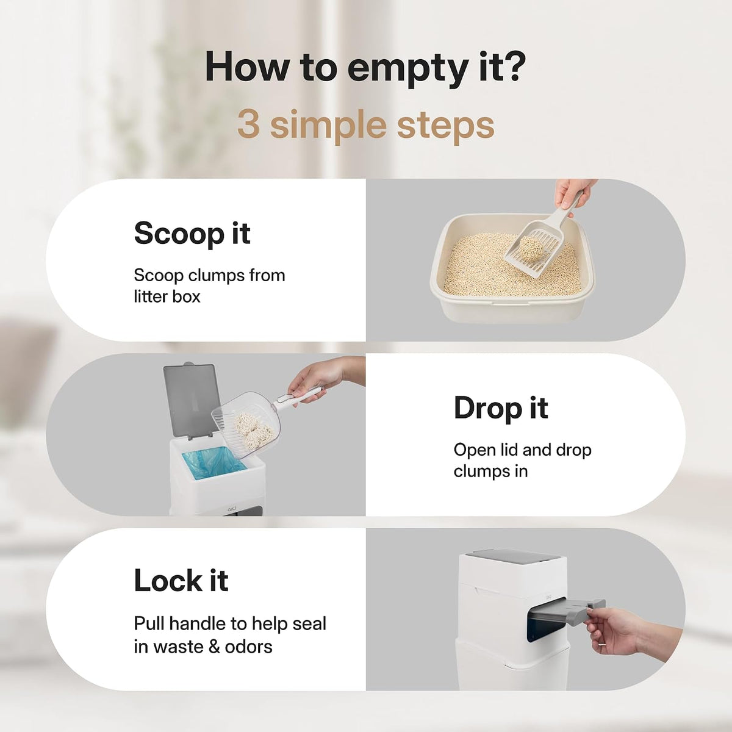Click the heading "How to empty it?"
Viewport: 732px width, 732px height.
pyautogui.click(x=365, y=68)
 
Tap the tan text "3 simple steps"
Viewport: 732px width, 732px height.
pyautogui.click(x=365, y=126)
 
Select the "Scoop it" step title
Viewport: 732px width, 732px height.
pyautogui.click(x=192, y=234)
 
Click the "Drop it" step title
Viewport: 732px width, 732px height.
pyautogui.click(x=501, y=407)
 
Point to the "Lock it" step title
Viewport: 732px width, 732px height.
pyautogui.click(x=181, y=581)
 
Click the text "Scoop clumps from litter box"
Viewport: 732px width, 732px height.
pyautogui.click(x=209, y=285)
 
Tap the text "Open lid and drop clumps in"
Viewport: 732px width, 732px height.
pyautogui.click(x=522, y=461)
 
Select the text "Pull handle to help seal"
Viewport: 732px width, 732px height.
pyautogui.click(x=230, y=623)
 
